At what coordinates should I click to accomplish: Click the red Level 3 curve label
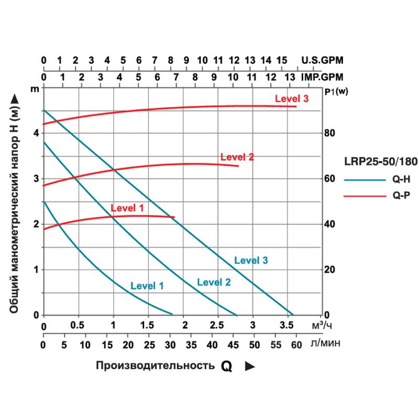(x=292, y=98)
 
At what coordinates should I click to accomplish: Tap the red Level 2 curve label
(x=237, y=157)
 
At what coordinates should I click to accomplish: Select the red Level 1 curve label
(x=127, y=208)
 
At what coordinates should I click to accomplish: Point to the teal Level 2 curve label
(x=214, y=282)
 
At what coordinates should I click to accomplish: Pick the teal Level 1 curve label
(x=147, y=286)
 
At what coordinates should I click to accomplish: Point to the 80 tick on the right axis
(x=329, y=133)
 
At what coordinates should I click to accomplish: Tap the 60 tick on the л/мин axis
(x=296, y=345)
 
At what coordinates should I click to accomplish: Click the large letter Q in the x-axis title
(x=226, y=366)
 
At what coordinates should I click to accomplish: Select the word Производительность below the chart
(x=155, y=366)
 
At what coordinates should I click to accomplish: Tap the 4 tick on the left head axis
(x=36, y=133)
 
